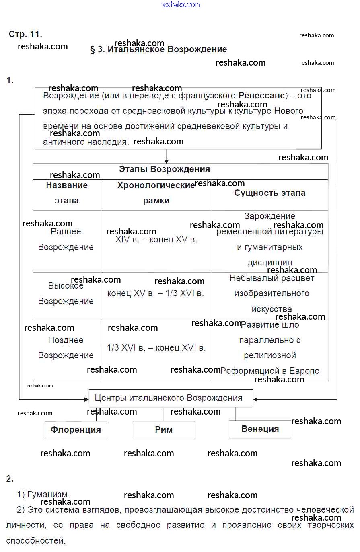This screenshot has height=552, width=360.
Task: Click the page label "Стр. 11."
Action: (25, 34)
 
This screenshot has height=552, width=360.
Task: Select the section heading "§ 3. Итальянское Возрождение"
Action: (158, 50)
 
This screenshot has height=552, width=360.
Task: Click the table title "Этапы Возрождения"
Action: (164, 169)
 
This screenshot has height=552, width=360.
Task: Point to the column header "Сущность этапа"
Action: (269, 193)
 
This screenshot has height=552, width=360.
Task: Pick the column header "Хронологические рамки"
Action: (156, 193)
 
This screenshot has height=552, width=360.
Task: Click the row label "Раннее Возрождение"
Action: (66, 239)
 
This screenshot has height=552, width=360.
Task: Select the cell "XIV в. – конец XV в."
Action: (156, 240)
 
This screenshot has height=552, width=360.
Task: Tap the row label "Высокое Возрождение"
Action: (66, 293)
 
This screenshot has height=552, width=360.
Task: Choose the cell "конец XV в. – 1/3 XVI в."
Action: (156, 293)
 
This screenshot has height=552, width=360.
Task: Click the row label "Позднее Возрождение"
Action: (66, 348)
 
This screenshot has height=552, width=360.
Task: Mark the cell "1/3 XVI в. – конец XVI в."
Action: (156, 348)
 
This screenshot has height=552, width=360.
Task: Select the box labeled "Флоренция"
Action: (76, 430)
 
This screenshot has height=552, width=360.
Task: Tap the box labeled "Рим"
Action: (164, 430)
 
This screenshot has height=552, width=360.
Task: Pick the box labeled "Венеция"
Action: (260, 429)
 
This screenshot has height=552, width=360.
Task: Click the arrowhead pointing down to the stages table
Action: (167, 161)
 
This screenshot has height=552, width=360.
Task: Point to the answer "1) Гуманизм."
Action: (43, 495)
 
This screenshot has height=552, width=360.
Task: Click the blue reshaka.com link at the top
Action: (180, 4)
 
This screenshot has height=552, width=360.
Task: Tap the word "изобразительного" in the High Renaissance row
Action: (272, 293)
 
